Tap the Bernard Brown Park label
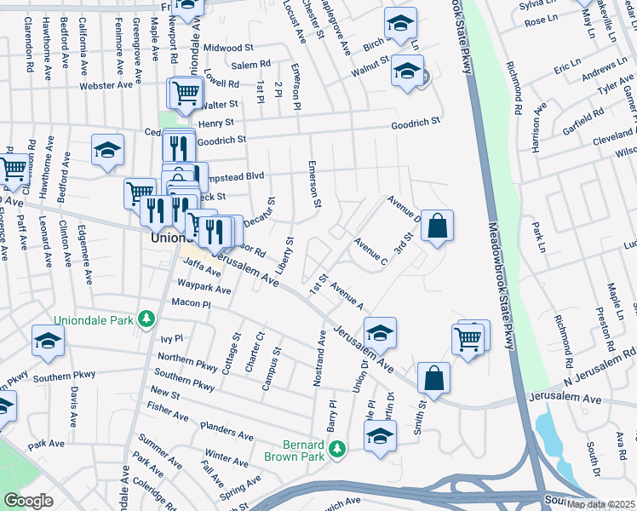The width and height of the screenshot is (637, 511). pos(304,451)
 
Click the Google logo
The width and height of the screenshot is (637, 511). pos(28,500)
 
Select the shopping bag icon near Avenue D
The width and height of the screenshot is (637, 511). pos(436,226)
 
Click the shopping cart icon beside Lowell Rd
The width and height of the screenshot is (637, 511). pos(187,93)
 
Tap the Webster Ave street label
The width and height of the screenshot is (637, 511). pos(106,85)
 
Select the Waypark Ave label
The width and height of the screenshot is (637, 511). pos(204,290)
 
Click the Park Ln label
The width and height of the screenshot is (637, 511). pos(537,230)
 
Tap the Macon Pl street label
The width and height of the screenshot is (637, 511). pos(191,304)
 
